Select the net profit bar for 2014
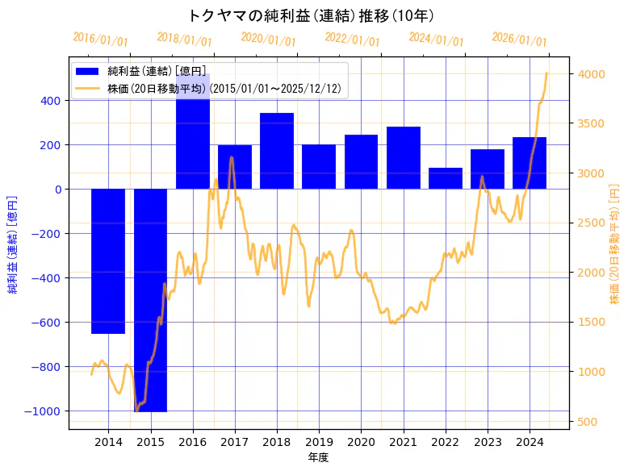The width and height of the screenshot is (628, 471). (x=108, y=261)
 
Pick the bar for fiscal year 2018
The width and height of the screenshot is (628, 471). (x=277, y=151)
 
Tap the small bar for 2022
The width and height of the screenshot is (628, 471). (x=446, y=178)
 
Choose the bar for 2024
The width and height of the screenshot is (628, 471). (x=530, y=163)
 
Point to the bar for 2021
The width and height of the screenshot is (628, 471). (x=404, y=158)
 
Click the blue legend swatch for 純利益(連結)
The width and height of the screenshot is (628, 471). (x=87, y=72)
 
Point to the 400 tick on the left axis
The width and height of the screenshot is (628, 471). (x=51, y=101)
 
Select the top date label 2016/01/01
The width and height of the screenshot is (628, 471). (x=100, y=40)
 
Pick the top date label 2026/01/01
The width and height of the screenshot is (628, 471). (x=519, y=40)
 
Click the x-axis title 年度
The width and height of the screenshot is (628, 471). (x=319, y=457)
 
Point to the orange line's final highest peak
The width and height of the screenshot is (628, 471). (x=546, y=73)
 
